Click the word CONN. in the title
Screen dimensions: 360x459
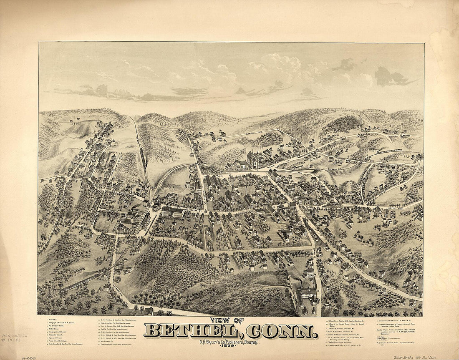pos(282,331)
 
